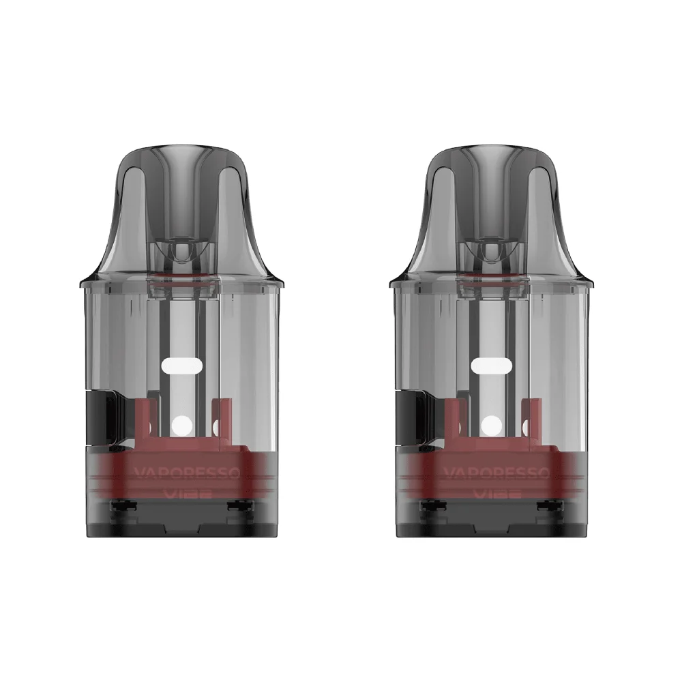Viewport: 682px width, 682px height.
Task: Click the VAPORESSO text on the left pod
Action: point(183,473)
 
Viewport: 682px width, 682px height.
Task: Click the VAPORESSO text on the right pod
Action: point(490,473)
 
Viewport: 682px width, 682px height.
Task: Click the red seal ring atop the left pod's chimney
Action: point(183,276)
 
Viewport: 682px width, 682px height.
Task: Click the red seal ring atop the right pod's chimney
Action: point(490,276)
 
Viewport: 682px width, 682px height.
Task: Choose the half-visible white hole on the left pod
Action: point(217,427)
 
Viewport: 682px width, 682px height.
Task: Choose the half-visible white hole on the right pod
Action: point(524,427)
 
